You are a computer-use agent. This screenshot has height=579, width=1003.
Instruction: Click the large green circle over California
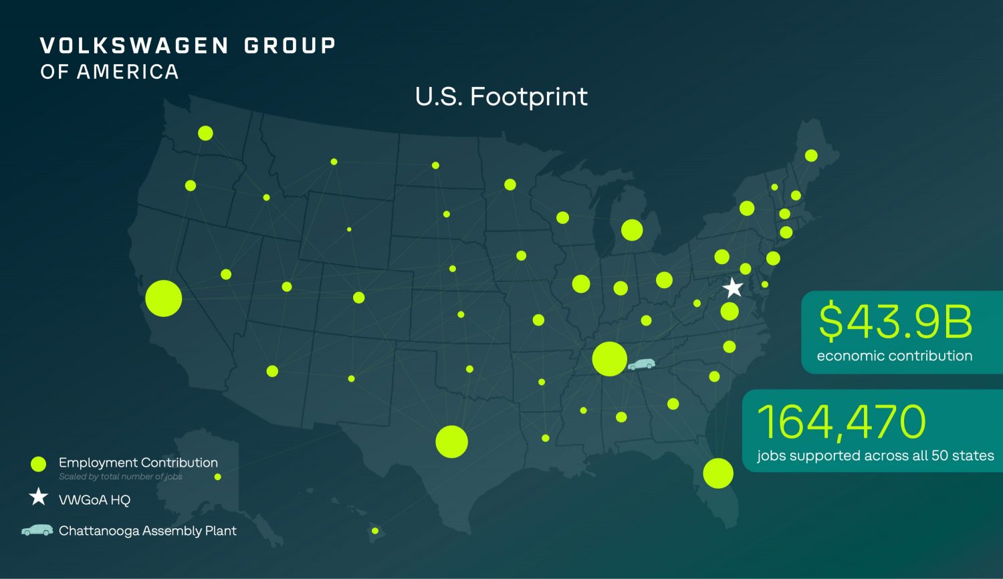164,298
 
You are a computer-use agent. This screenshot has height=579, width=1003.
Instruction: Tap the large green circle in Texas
451,441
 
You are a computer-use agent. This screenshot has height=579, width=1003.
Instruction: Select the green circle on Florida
718,473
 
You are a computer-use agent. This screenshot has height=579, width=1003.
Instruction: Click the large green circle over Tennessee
609,359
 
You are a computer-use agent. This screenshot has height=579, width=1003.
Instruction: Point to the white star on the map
734,287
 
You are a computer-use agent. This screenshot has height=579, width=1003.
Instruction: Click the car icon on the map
642,364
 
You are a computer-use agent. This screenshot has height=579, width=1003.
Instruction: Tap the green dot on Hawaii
375,531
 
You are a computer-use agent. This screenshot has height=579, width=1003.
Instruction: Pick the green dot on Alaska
217,477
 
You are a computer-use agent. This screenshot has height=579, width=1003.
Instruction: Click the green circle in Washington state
205,133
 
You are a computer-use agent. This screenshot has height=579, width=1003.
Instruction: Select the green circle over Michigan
632,230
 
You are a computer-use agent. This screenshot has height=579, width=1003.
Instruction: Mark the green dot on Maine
811,156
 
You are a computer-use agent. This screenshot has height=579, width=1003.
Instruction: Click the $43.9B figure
895,322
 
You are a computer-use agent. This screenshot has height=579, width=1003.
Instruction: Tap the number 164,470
841,421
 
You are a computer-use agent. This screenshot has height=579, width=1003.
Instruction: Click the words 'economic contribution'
894,356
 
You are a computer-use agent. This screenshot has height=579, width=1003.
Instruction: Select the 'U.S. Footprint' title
501,97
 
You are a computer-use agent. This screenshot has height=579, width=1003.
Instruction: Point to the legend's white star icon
39,497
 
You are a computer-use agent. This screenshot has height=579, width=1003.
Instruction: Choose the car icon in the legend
37,530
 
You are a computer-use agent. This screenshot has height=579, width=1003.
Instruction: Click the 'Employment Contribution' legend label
138,463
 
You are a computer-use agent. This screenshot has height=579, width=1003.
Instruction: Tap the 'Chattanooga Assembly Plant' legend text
148,531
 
